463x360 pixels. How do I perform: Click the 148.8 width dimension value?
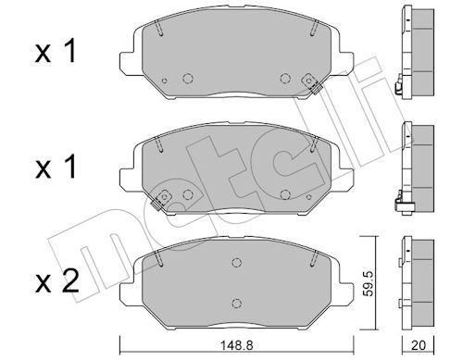click(x=236, y=345)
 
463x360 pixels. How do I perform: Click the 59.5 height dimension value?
click(x=369, y=284)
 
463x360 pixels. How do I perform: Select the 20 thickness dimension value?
click(x=419, y=345)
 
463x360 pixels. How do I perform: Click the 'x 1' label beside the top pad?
click(x=56, y=53)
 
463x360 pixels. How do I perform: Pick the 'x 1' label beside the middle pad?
click(x=56, y=168)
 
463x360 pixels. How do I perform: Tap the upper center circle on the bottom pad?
click(x=236, y=263)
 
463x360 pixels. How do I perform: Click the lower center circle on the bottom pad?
click(x=236, y=304)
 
